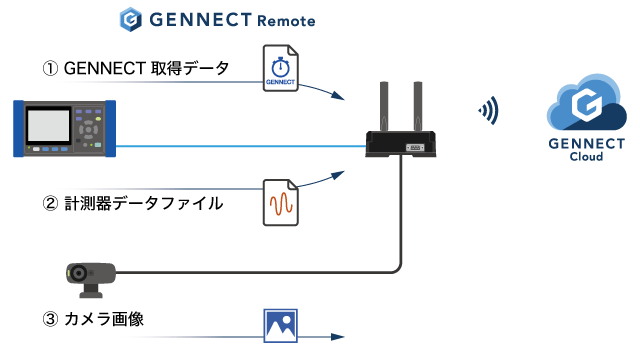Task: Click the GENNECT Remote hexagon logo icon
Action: [x=130, y=19]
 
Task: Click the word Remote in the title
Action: [x=287, y=19]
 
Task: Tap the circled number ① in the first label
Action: [x=50, y=69]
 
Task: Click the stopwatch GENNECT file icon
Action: [x=281, y=69]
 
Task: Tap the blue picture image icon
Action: [x=280, y=325]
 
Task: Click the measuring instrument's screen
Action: [x=46, y=126]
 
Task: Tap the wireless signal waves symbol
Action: [x=488, y=111]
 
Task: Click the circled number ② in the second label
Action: [x=50, y=204]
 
